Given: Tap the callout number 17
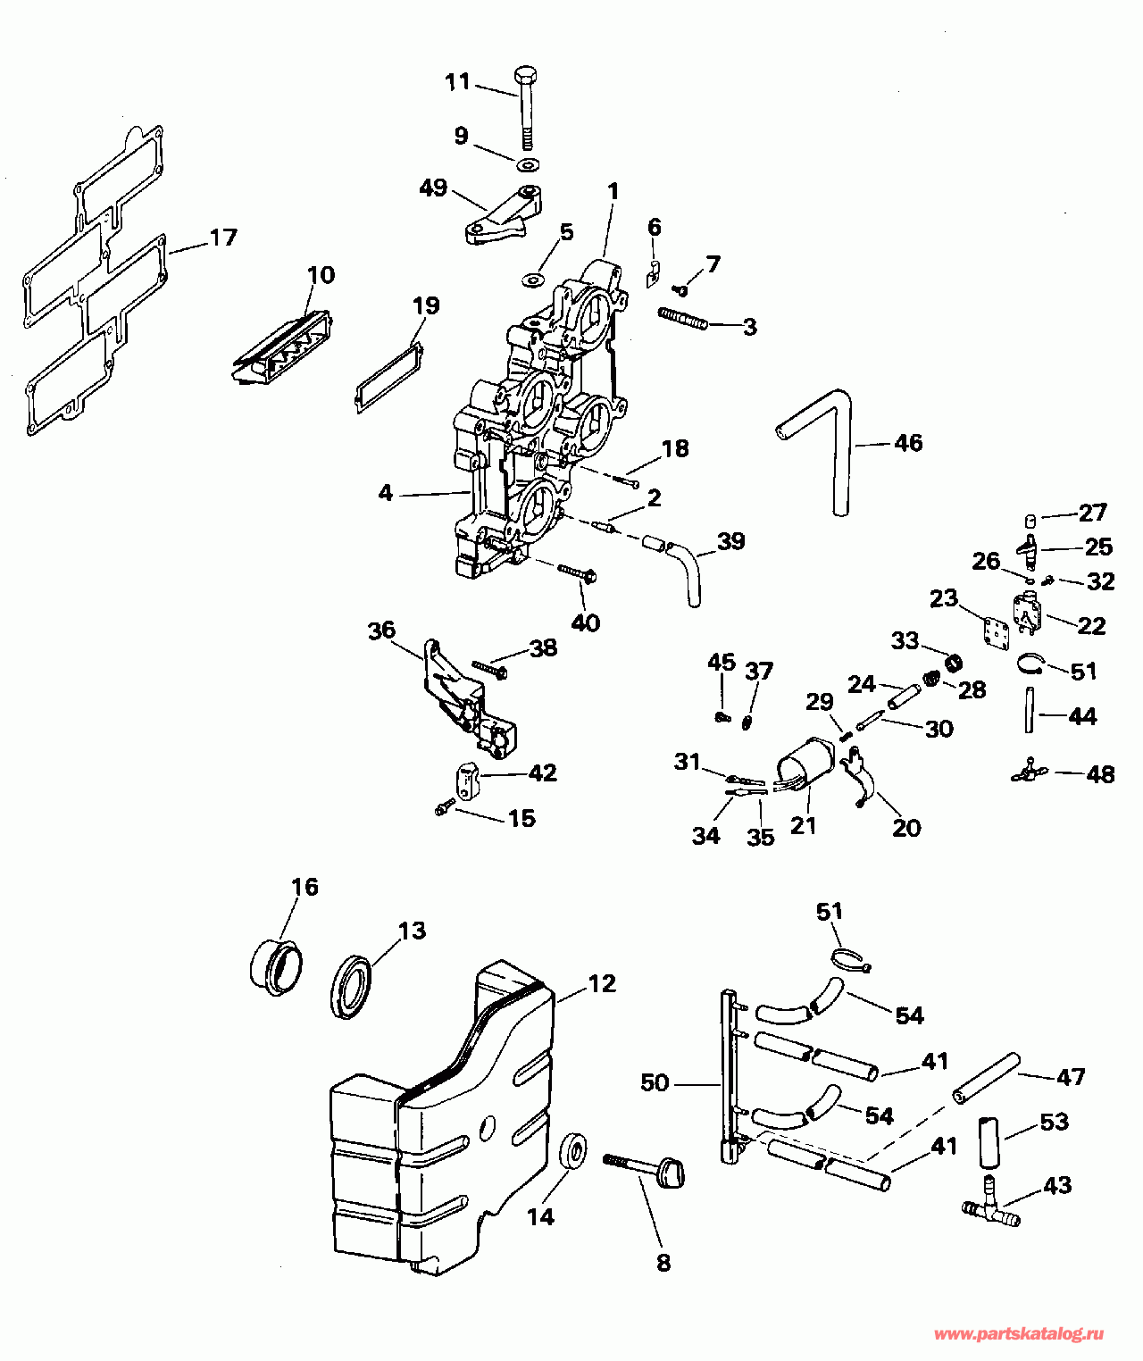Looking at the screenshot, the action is (x=223, y=238).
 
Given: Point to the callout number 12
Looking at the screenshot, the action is (x=602, y=983).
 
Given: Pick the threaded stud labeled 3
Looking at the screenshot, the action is (x=683, y=319).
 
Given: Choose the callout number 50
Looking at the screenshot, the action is (x=655, y=1082).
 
